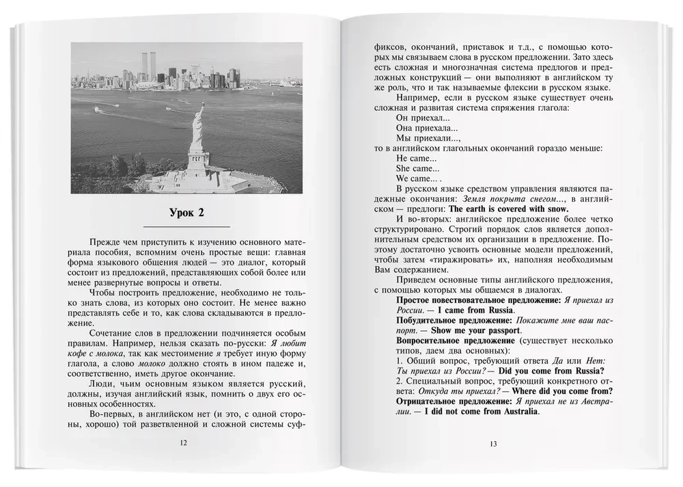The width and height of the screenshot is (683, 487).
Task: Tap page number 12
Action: tap(182, 443)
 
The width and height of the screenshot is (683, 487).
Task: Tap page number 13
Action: tap(494, 445)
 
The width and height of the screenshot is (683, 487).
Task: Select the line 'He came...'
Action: tap(411, 158)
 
